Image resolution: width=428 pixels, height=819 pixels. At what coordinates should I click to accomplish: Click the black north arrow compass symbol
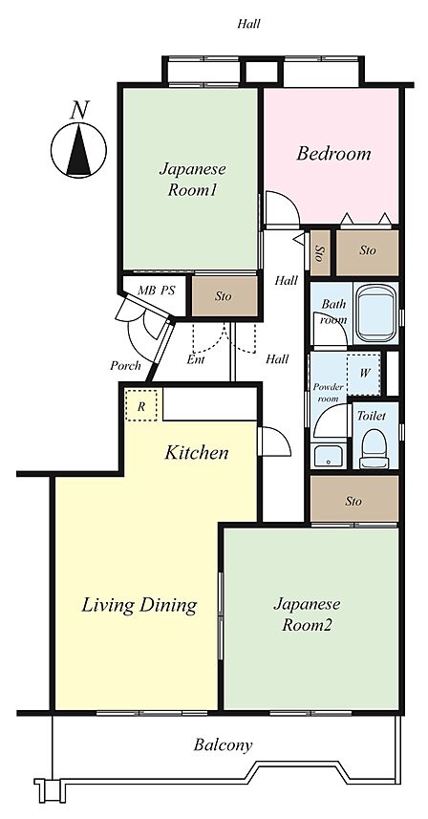point(78,150)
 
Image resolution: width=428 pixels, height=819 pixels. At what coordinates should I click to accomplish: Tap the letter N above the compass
point(79,110)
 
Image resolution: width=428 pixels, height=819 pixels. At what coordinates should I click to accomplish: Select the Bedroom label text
point(333,154)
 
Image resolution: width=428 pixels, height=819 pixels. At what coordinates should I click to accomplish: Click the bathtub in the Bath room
point(374,313)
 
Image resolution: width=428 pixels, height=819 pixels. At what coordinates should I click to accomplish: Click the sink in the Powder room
point(329,456)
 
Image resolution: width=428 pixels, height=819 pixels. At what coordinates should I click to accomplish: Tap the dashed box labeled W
point(364,374)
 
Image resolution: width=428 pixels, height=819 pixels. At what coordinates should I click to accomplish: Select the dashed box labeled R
point(141,405)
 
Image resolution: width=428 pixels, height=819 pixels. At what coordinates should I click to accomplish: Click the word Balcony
point(223,744)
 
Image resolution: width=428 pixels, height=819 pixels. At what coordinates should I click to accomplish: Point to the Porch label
point(125,366)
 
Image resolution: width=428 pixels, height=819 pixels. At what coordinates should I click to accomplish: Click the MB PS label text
point(156,291)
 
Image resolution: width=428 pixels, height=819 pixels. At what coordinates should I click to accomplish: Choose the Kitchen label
point(196,452)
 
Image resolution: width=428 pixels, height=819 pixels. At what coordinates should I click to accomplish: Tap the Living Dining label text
point(139,605)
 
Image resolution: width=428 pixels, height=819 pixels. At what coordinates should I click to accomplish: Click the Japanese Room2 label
point(307,614)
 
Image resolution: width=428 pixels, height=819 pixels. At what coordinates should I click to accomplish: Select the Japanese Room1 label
point(192,180)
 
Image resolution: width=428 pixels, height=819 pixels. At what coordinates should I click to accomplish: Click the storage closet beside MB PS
point(225,295)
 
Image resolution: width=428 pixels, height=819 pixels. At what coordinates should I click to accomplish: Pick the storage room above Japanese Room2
point(353,500)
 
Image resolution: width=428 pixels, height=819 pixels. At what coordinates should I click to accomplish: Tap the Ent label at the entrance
point(196,360)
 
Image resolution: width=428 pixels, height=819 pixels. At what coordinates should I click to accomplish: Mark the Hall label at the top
point(248,24)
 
